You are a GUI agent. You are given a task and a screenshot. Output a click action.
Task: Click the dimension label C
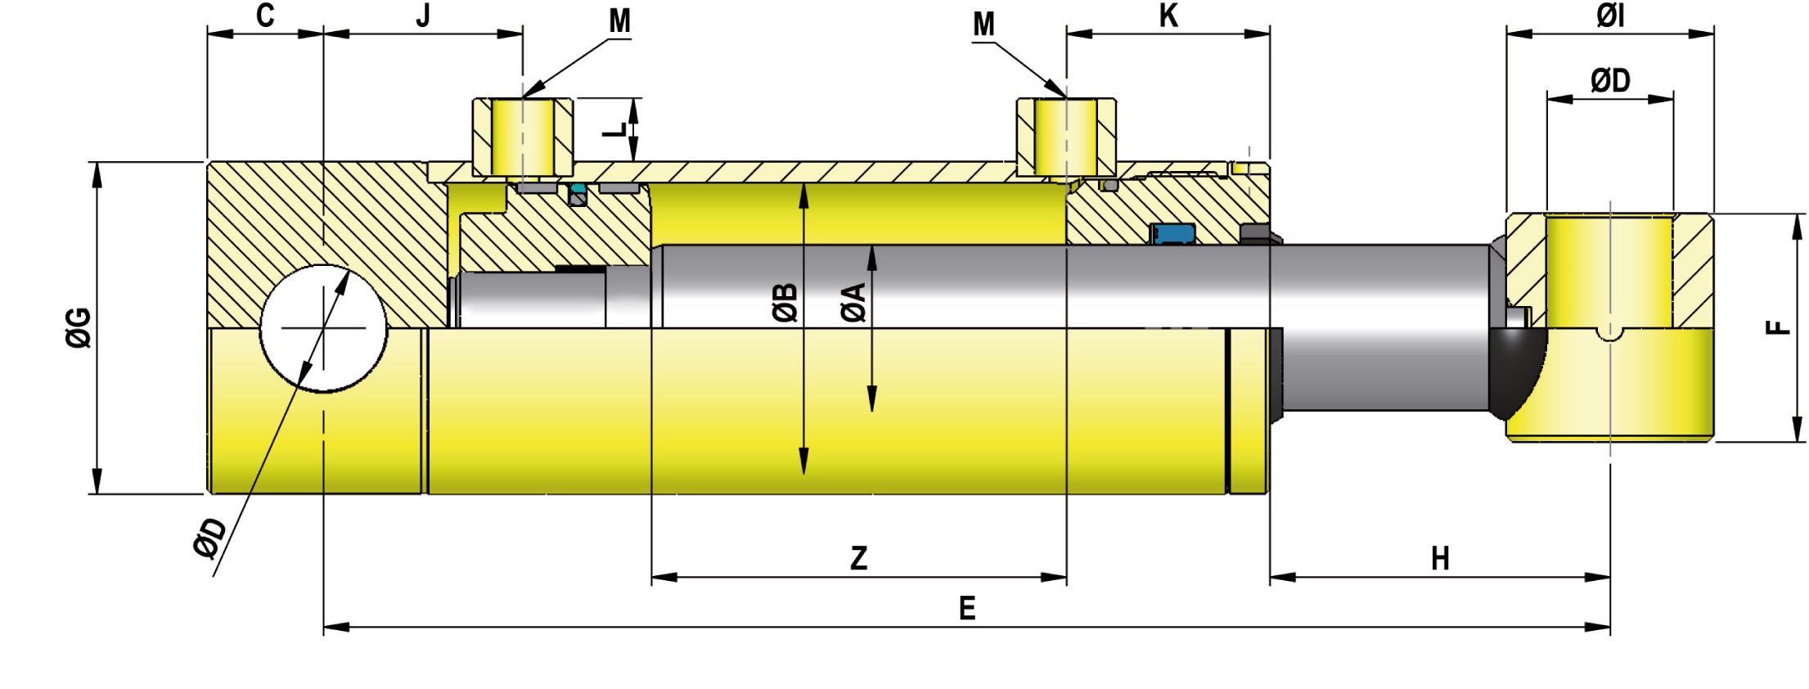click(265, 16)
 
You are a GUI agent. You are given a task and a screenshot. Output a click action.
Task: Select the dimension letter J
click(423, 16)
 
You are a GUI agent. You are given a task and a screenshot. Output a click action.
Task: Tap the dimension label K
click(1168, 16)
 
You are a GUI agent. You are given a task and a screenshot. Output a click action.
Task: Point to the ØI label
click(1610, 16)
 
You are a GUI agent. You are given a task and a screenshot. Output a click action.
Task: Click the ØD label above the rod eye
click(1610, 80)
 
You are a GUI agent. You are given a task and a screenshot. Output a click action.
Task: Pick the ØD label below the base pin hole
click(210, 538)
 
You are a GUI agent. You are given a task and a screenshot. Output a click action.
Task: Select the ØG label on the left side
click(79, 327)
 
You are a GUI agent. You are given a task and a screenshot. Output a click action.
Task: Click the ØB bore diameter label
click(785, 302)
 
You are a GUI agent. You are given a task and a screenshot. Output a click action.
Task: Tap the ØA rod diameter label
click(853, 302)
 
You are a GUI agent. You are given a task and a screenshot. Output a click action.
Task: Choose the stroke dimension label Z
click(858, 558)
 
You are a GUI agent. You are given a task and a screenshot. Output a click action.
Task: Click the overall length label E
click(967, 609)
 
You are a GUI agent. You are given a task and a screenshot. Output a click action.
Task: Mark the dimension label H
click(1440, 559)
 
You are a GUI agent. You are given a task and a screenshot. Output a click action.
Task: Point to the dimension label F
click(1778, 327)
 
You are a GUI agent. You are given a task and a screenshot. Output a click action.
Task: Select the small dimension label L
click(619, 129)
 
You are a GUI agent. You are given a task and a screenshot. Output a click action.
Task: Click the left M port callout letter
click(620, 21)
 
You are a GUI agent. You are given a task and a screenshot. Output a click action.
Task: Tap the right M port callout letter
click(983, 25)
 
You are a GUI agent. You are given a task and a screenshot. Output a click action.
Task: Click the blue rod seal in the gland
click(1173, 234)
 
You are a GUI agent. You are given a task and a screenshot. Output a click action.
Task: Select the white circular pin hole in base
click(323, 328)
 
